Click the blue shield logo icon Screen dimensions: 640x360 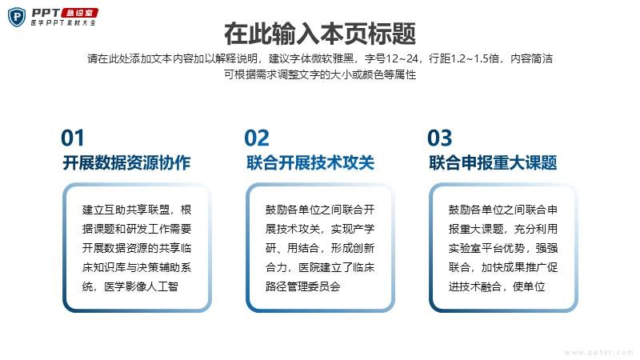click(x=17, y=17)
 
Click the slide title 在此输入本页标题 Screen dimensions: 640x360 click(x=320, y=34)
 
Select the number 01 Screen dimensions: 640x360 click(x=73, y=138)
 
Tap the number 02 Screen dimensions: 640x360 click(x=257, y=138)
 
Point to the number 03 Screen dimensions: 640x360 click(x=439, y=138)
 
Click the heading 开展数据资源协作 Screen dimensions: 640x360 click(x=126, y=162)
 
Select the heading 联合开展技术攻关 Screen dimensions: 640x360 click(x=310, y=162)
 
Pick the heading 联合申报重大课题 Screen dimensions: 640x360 click(x=493, y=162)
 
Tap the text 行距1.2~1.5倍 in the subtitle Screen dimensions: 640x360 click(x=464, y=58)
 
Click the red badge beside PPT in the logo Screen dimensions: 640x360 click(x=79, y=13)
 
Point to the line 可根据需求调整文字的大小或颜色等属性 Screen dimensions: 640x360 click(x=320, y=74)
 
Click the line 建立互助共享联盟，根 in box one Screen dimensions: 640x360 click(x=137, y=210)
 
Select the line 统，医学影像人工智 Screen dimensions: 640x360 click(x=130, y=286)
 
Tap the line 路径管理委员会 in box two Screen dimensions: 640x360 click(x=303, y=286)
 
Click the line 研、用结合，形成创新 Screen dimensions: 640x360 click(x=319, y=248)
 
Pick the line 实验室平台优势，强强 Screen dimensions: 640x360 click(x=503, y=248)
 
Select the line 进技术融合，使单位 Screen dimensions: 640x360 click(x=497, y=286)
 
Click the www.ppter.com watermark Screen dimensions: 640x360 click(x=598, y=352)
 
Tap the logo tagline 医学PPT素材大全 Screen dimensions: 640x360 click(x=63, y=23)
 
